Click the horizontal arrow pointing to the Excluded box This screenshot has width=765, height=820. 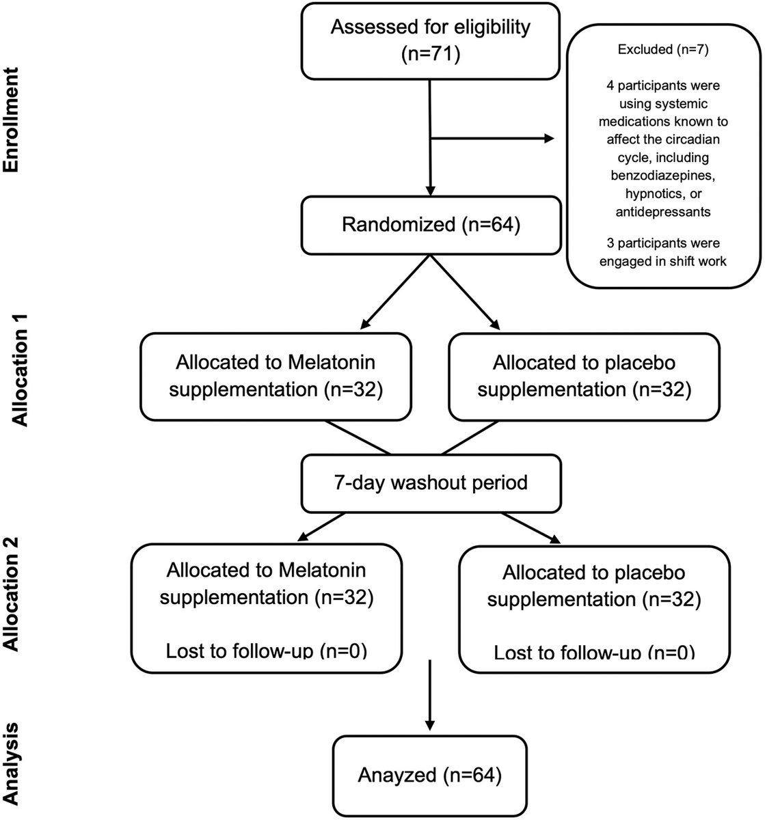(492, 139)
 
